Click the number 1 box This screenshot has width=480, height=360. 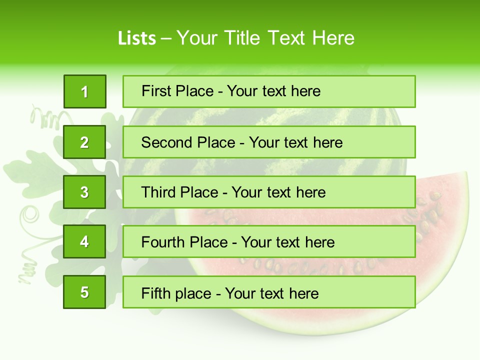(x=84, y=91)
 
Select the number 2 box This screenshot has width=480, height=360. (x=84, y=142)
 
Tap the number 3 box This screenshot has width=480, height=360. (x=84, y=192)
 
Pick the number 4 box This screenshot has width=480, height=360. (x=84, y=242)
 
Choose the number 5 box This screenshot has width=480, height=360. (x=84, y=292)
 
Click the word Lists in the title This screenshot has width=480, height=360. (x=137, y=38)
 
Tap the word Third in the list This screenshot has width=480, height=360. (x=158, y=192)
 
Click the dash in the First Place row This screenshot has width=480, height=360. (x=220, y=91)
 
